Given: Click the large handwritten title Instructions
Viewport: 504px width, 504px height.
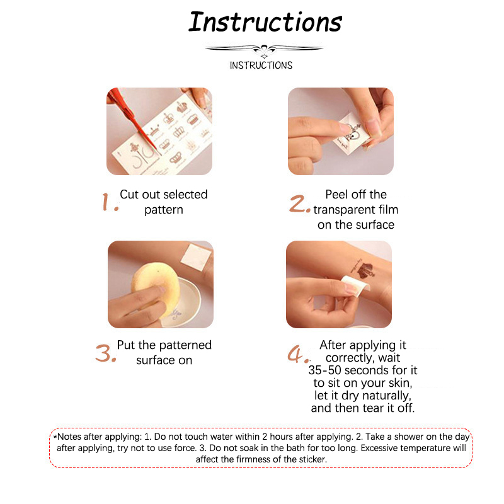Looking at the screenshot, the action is pos(265,22).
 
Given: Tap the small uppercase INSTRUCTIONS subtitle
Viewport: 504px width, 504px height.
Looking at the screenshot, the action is pos(261,66).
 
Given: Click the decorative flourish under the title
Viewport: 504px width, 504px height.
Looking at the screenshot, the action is pos(264,50).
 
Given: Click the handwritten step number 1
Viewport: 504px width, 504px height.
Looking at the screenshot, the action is pos(110,202).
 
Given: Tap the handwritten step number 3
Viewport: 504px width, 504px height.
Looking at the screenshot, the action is pos(105,353).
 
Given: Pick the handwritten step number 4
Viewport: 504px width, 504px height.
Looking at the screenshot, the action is pos(298,354).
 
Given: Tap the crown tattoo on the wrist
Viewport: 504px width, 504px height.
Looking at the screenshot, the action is pos(364,270).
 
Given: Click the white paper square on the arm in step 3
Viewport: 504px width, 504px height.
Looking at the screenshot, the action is pos(197,257).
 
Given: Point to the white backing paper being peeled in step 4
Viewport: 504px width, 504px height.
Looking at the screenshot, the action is pos(355,285).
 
